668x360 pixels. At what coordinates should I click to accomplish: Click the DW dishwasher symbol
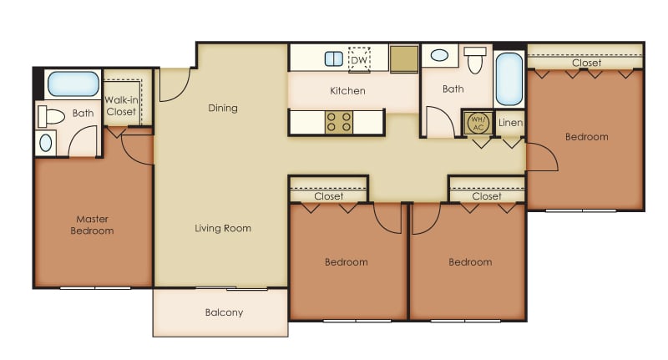click(359, 59)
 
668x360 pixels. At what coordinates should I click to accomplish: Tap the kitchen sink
click(333, 58)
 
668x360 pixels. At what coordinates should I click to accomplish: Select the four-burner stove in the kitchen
click(339, 122)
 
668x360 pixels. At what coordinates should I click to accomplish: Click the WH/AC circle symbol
click(478, 123)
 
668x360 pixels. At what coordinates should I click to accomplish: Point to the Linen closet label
click(510, 123)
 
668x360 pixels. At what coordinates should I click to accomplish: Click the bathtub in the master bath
click(73, 84)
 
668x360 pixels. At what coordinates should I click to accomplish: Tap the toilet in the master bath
click(51, 117)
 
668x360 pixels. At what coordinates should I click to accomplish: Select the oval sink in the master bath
click(46, 143)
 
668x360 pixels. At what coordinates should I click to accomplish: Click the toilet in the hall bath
click(475, 60)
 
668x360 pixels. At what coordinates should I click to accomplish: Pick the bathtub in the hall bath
click(509, 79)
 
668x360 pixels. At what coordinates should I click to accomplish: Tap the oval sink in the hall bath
click(439, 55)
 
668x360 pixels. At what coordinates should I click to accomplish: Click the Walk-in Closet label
click(121, 106)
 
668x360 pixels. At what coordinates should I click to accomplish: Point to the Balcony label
click(224, 312)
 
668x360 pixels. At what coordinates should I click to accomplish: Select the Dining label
click(223, 109)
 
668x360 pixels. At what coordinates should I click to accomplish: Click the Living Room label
click(223, 228)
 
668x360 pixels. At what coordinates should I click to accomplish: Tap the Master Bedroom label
click(92, 225)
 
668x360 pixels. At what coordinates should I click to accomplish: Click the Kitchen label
click(347, 91)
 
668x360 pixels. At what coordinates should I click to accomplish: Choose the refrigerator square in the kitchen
click(404, 59)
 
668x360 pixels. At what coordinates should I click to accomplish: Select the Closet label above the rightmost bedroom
click(587, 63)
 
